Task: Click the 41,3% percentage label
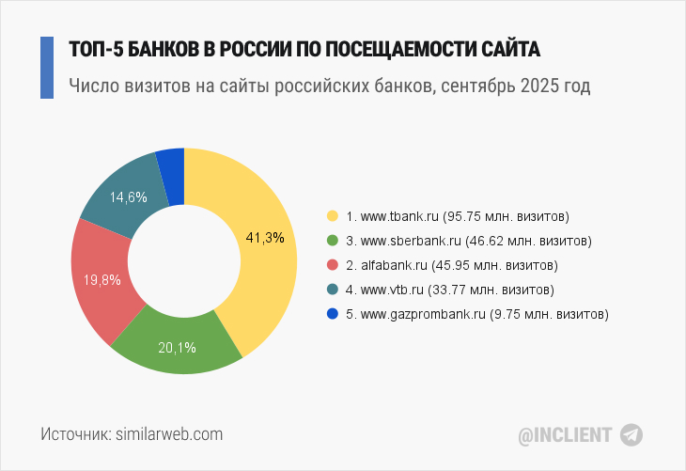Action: click(264, 237)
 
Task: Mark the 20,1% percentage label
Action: click(177, 348)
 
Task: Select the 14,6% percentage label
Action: click(129, 197)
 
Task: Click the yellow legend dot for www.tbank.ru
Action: click(331, 216)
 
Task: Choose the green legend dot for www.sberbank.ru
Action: click(331, 241)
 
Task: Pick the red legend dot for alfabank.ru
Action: click(331, 265)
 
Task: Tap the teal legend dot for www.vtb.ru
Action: click(331, 290)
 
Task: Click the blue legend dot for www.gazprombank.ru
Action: click(331, 314)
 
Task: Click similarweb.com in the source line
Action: click(169, 434)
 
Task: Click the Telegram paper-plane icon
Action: click(631, 434)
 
